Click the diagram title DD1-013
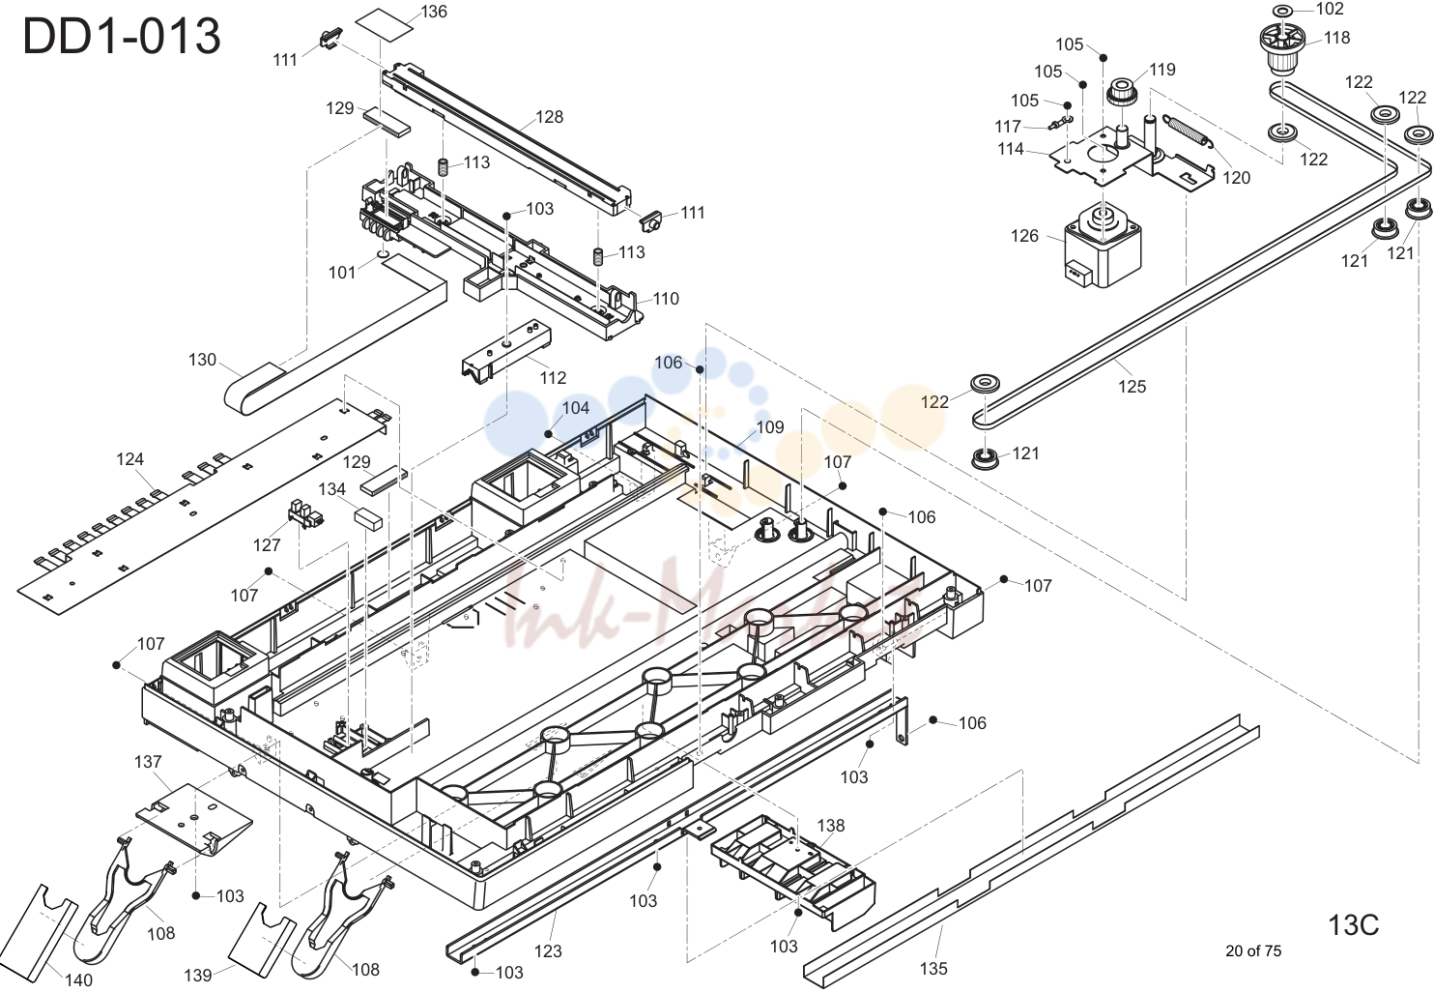(x=122, y=36)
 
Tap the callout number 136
(x=434, y=12)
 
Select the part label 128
(x=549, y=117)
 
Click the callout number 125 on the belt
(x=1132, y=387)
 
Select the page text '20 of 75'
(x=1253, y=951)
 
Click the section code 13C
(x=1354, y=925)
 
